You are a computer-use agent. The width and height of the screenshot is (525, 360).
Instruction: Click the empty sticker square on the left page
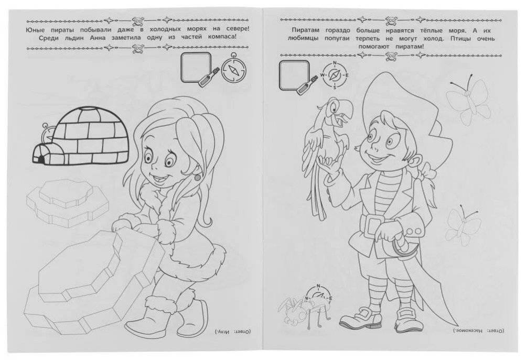[196, 67]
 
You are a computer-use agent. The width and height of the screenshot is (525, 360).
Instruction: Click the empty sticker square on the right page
[294, 75]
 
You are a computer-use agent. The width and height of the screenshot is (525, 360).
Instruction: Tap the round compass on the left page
[233, 69]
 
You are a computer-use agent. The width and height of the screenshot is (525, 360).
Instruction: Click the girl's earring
[197, 176]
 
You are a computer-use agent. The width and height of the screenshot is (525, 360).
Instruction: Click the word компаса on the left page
[221, 38]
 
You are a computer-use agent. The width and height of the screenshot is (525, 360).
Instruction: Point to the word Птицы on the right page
[457, 38]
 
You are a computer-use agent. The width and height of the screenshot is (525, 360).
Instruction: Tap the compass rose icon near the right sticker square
[335, 75]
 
